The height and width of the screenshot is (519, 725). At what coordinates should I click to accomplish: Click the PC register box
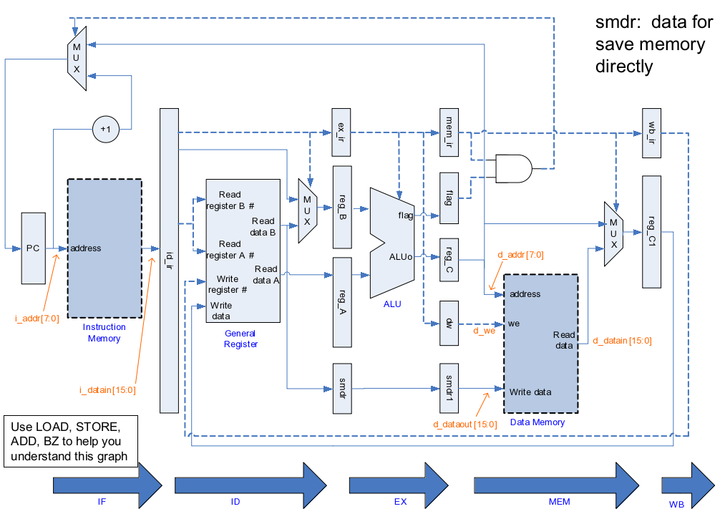(x=33, y=248)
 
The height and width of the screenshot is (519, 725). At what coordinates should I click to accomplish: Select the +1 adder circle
(x=105, y=130)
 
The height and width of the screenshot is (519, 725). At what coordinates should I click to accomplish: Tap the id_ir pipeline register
(x=169, y=261)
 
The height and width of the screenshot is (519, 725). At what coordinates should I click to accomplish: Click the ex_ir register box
(x=341, y=132)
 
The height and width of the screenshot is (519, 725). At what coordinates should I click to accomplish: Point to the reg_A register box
(x=342, y=294)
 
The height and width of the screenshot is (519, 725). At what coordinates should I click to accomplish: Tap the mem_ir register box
(x=449, y=132)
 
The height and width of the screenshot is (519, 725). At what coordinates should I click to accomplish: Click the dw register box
(x=449, y=323)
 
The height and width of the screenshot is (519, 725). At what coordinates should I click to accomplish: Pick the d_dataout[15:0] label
(x=464, y=425)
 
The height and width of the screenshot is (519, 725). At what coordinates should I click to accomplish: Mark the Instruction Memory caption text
(x=104, y=333)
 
